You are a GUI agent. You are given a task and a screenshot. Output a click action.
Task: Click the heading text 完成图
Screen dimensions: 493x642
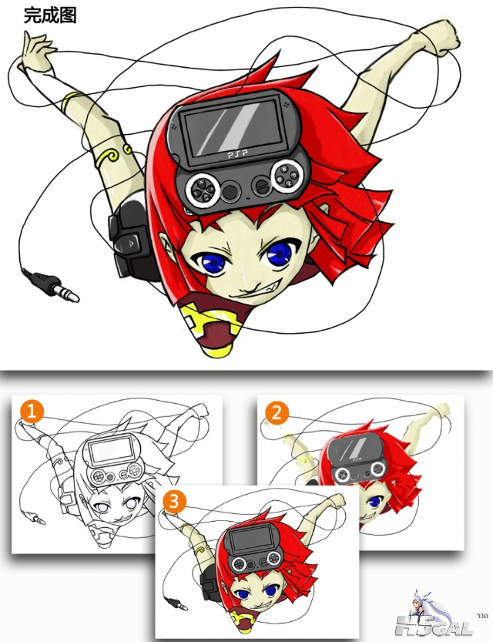click(x=50, y=15)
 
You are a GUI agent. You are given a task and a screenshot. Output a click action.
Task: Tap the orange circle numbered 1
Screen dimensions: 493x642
click(x=32, y=412)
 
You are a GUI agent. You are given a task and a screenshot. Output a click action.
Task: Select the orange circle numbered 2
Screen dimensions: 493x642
click(x=277, y=413)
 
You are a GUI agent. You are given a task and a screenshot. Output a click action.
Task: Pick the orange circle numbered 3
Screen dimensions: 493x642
click(x=174, y=502)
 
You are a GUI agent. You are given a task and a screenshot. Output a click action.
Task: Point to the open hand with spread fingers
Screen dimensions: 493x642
click(x=36, y=50)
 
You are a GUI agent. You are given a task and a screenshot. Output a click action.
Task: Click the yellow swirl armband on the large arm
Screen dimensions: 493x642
click(x=112, y=156)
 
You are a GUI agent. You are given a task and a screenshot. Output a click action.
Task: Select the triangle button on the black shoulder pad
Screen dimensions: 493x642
click(x=129, y=242)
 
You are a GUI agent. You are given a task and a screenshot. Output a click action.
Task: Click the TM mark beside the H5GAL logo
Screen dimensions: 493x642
click(x=482, y=615)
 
